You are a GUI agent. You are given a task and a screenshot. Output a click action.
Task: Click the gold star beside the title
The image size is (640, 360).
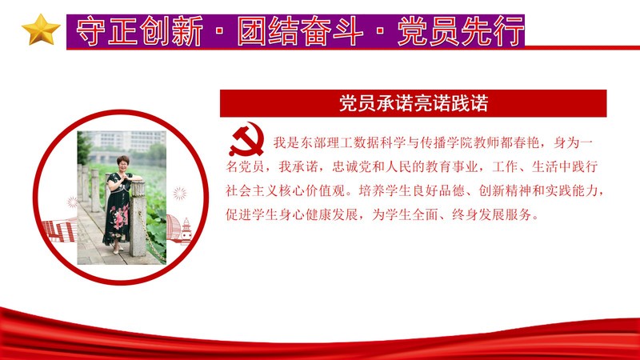click(x=41, y=30)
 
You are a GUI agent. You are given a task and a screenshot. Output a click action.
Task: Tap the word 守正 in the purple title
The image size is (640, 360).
click(x=108, y=31)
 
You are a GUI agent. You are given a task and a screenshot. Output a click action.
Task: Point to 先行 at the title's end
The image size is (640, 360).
click(x=493, y=31)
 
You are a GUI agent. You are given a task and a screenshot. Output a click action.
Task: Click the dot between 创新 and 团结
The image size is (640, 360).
click(x=220, y=31)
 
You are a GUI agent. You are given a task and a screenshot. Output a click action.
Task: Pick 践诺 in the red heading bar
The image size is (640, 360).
click(x=470, y=103)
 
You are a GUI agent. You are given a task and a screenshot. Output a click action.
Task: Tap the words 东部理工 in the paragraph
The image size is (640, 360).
click(x=326, y=143)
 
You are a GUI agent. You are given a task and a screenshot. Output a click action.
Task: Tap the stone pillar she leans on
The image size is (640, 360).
click(x=138, y=218)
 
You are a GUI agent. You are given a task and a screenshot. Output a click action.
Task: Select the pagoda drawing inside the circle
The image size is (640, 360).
click(x=186, y=230)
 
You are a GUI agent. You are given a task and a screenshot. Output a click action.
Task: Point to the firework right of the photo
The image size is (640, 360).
click(x=179, y=194)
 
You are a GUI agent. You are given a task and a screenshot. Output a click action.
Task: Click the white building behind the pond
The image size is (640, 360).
click(x=127, y=141)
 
